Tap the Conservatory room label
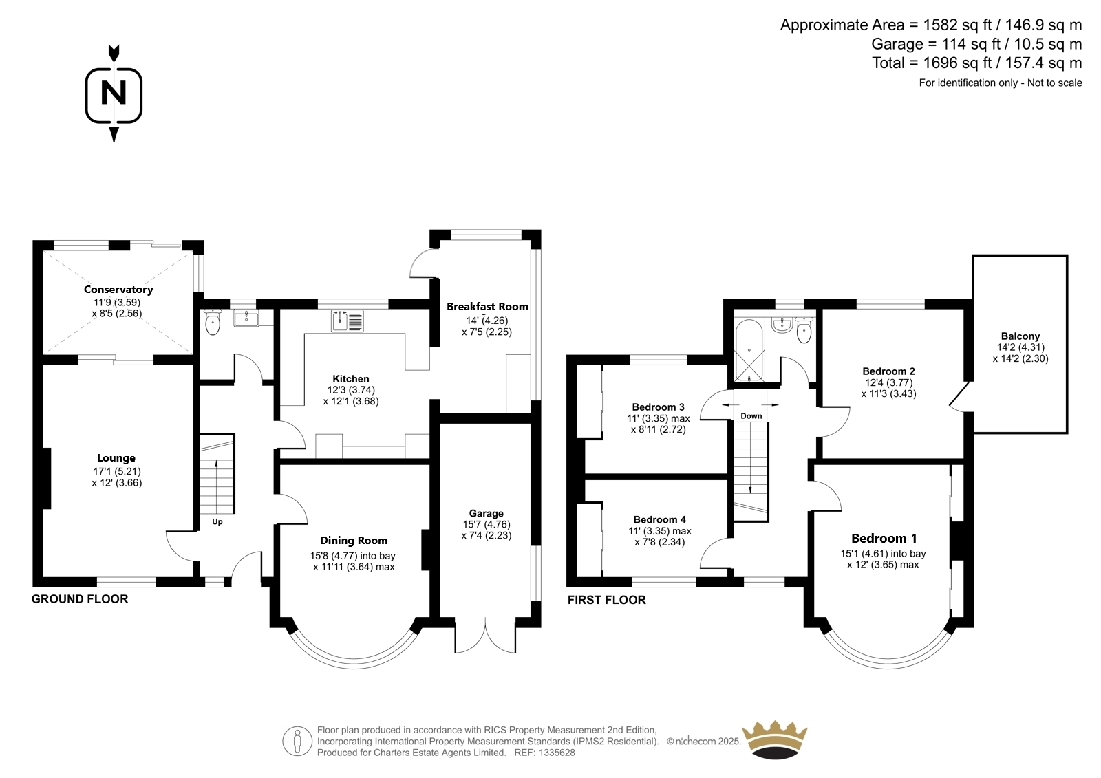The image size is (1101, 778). click(118, 290)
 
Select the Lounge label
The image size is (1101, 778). click(116, 458)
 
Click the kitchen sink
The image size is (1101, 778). click(347, 321)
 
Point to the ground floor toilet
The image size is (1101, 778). click(213, 322)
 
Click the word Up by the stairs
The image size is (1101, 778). click(217, 521)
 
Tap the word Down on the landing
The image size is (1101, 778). click(751, 415)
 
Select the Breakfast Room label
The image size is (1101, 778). click(487, 307)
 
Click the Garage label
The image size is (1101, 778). click(486, 513)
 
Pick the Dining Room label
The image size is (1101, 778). click(354, 541)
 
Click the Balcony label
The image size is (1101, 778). click(1020, 336)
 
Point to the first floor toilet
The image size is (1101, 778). click(804, 329)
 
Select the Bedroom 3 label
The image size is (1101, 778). click(658, 407)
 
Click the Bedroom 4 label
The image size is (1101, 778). click(660, 519)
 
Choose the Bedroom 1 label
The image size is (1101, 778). click(884, 538)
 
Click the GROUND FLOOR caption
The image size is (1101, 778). click(80, 598)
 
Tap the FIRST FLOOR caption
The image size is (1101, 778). click(606, 600)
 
